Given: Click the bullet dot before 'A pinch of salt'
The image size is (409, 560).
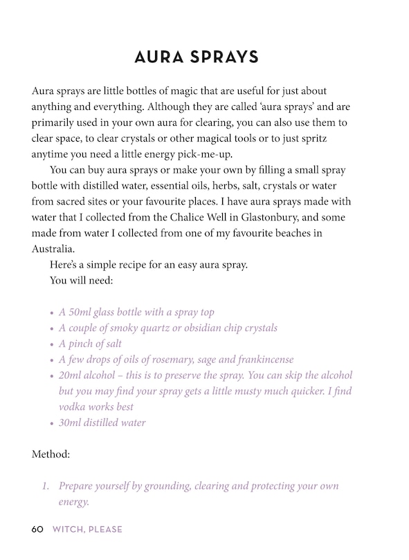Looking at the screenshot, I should (51, 344).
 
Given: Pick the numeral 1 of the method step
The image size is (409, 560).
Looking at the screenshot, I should (44, 486).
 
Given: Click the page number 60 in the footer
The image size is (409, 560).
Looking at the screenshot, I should (37, 530).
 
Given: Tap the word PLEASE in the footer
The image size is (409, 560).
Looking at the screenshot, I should (102, 530).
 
